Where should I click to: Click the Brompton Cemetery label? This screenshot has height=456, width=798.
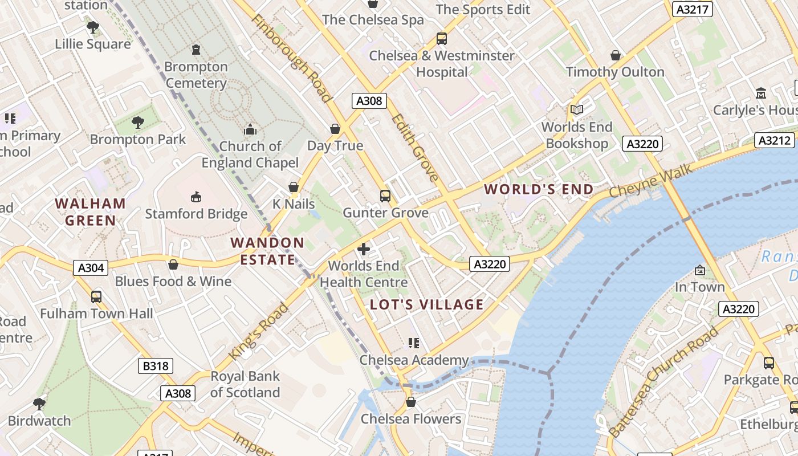coord(196,75)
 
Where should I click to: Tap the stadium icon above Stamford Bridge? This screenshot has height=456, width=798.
coord(196,197)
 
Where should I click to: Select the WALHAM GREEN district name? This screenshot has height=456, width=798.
coord(90,211)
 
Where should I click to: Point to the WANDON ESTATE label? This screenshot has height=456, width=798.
coord(267,251)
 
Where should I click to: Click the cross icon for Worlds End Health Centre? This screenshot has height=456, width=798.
coord(364,249)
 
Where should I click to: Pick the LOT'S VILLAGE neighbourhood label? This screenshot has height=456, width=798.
coord(427,304)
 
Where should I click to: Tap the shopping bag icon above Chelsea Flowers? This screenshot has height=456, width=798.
coord(410,402)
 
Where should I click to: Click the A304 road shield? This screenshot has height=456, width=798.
coord(91,267)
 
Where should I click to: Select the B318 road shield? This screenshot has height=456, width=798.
coord(156,365)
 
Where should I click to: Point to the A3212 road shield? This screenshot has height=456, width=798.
coord(774,140)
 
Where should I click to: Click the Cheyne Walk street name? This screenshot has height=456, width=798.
coord(651,181)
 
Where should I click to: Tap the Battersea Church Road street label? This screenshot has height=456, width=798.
coord(663,382)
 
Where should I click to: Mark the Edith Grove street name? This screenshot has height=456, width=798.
coord(416,147)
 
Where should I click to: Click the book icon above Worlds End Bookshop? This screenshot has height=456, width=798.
coord(577,109)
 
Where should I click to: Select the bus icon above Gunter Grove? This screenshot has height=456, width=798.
coord(385,196)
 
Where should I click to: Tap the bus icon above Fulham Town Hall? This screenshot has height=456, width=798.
coord(96,296)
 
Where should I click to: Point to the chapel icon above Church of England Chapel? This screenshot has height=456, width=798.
coord(250,129)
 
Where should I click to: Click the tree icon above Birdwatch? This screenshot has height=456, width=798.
coord(39,404)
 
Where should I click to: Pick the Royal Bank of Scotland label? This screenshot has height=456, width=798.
coord(245,384)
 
